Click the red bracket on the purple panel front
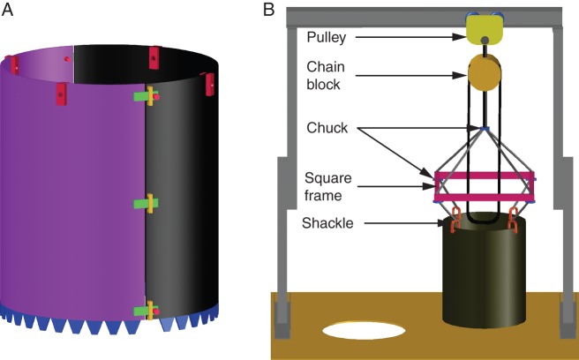pyautogui.click(x=61, y=92)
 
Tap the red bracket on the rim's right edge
pyautogui.click(x=210, y=83)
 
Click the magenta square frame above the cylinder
pyautogui.click(x=485, y=187)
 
